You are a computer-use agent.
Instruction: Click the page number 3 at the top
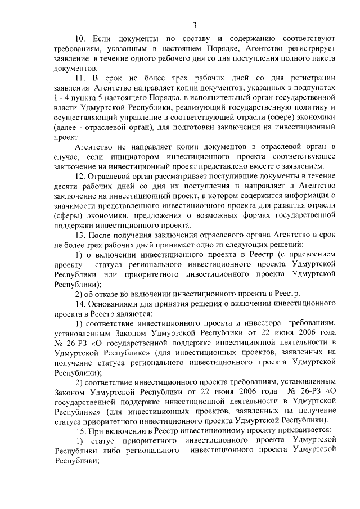tap(194, 25)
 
